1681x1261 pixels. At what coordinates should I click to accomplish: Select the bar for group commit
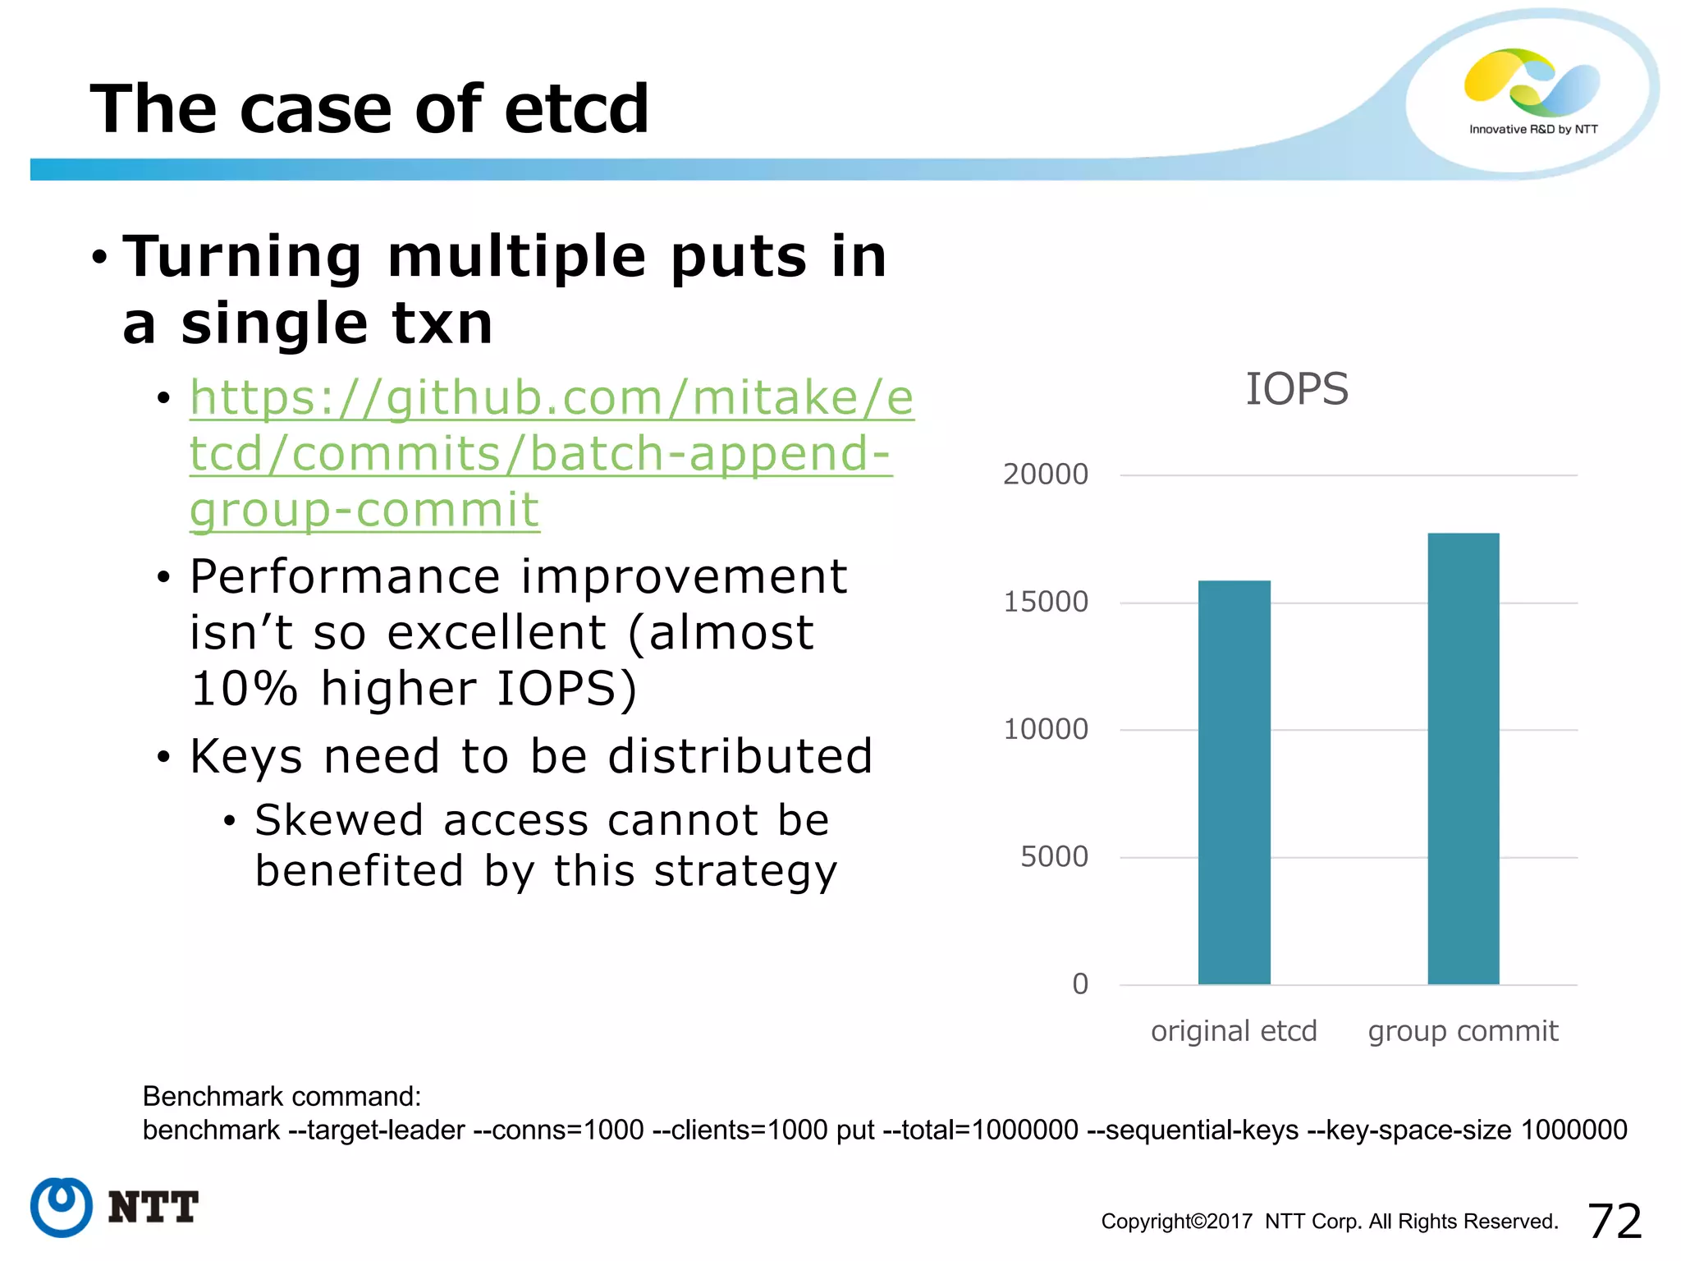1463,759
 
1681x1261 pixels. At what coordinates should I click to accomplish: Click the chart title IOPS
1296,389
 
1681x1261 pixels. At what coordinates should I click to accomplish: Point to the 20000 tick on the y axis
1045,475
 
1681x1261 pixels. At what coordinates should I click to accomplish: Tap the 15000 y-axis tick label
1045,602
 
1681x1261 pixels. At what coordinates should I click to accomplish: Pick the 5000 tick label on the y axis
1053,857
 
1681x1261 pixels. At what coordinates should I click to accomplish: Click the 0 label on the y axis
1079,984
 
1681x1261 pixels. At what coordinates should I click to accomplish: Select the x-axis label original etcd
1233,1031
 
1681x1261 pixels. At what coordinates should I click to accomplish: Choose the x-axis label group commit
1462,1031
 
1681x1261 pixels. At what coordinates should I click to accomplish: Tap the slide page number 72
1614,1221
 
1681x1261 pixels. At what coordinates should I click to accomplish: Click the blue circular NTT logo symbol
62,1207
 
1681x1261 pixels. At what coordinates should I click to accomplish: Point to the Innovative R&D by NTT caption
1532,130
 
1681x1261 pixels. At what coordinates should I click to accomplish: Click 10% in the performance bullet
244,688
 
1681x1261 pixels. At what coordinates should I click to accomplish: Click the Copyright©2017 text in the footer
1175,1222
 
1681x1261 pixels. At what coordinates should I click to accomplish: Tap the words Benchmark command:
282,1097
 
